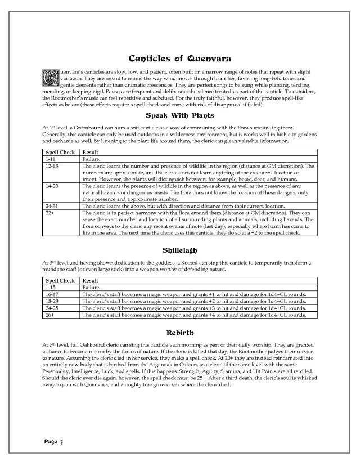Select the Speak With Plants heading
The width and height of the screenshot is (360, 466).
click(x=179, y=116)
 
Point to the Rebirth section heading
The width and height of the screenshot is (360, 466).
click(x=179, y=331)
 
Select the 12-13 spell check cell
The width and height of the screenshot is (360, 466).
click(x=53, y=167)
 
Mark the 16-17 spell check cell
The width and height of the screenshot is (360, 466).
click(x=53, y=294)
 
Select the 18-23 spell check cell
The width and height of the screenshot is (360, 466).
click(x=53, y=301)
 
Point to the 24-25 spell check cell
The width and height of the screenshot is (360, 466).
click(x=53, y=308)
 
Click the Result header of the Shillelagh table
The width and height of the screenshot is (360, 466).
click(x=91, y=280)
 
